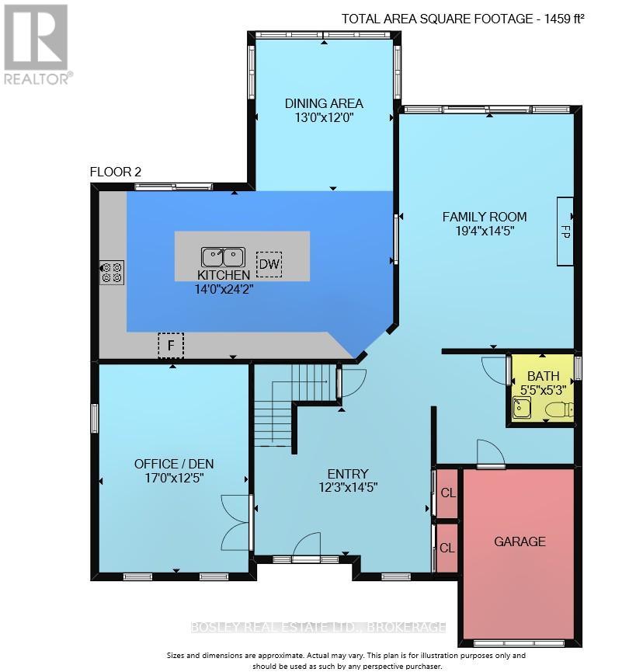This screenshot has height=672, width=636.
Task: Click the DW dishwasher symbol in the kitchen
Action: tap(269, 264)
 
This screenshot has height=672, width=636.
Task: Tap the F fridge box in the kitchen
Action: tap(170, 344)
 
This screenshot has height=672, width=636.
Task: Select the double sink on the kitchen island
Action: tap(223, 257)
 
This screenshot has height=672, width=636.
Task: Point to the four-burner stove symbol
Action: tap(112, 272)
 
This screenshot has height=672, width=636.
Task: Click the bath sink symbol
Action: tap(521, 407)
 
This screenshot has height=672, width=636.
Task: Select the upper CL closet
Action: tap(448, 494)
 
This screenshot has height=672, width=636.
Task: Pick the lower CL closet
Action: tap(448, 548)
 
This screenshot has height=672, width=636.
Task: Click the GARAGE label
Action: tap(520, 541)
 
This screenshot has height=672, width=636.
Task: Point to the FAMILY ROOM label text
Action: tap(485, 217)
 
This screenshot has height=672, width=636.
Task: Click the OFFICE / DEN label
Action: tap(174, 464)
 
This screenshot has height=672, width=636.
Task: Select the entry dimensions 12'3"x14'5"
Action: tap(347, 488)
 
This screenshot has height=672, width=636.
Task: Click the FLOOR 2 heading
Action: tap(116, 172)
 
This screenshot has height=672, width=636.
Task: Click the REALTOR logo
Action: tap(37, 44)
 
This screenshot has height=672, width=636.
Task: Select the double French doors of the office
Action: tap(235, 521)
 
